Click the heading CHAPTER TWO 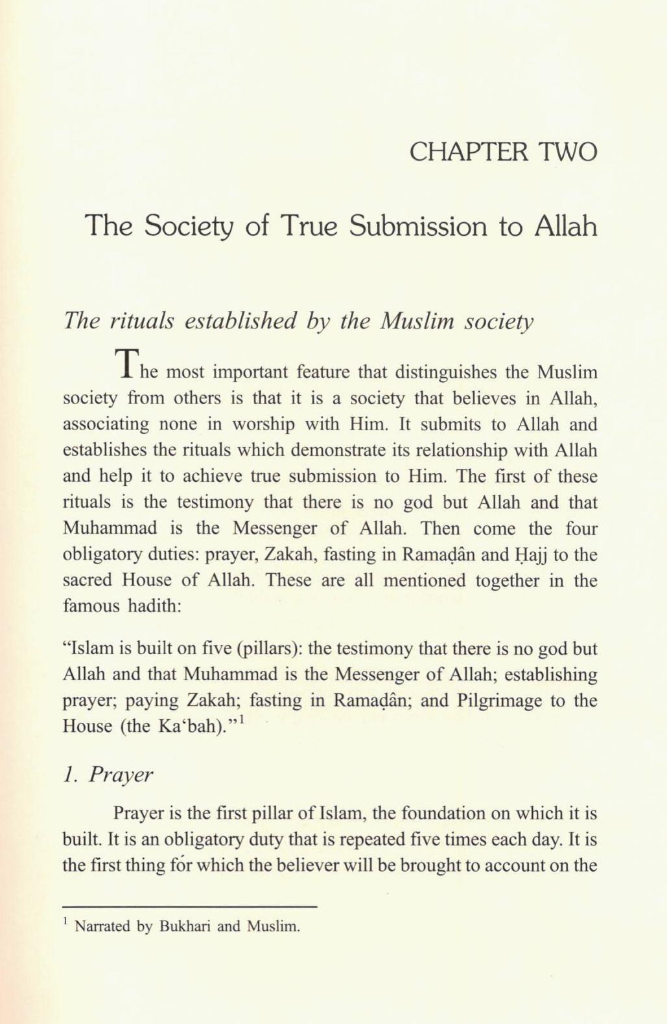pyautogui.click(x=503, y=152)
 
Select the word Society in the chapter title pyautogui.click(x=189, y=226)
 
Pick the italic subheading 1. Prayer pyautogui.click(x=108, y=775)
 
